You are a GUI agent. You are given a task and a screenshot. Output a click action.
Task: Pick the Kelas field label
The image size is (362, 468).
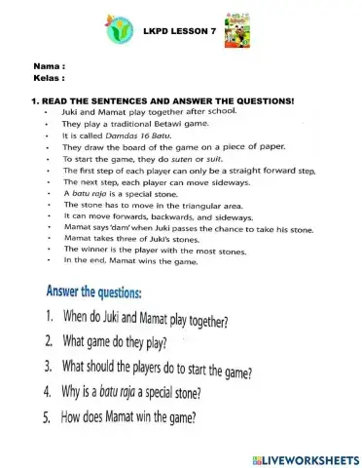pyautogui.click(x=49, y=75)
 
